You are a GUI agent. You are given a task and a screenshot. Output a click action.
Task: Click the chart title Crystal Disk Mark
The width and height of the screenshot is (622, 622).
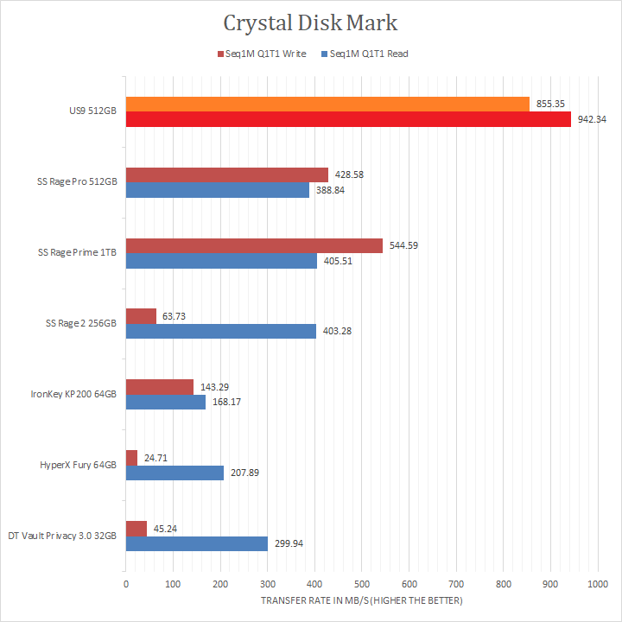point(311,22)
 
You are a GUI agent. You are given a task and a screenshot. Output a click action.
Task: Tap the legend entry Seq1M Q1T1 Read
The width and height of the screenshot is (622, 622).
point(364,54)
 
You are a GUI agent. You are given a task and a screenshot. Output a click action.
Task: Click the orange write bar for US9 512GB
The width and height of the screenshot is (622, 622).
point(327,105)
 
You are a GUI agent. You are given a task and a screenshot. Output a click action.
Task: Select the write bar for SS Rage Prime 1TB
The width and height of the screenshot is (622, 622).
point(254,246)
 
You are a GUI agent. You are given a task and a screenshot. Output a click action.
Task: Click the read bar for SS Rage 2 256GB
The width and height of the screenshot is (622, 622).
point(221,331)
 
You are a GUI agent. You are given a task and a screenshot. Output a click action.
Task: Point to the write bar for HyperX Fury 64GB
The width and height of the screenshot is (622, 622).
point(131,458)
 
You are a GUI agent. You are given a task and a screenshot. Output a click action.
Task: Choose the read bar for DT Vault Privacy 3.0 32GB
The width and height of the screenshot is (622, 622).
point(196,543)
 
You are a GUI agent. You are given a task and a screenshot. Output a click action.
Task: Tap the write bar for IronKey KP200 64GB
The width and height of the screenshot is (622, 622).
point(159,387)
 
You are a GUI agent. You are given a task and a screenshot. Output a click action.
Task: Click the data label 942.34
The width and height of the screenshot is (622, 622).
point(593,119)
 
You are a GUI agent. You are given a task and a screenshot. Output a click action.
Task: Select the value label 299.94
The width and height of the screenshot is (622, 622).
point(288,543)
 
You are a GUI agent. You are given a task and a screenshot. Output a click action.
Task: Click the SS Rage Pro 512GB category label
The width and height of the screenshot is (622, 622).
point(77,182)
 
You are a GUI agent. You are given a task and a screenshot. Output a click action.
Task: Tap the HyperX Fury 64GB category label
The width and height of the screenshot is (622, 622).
point(79,465)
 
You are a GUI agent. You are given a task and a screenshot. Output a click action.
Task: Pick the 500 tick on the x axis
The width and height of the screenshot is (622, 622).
point(362,585)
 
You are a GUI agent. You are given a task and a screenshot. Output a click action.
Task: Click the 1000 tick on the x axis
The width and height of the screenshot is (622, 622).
point(597,585)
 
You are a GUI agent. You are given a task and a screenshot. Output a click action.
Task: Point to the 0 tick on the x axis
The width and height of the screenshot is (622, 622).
point(126,585)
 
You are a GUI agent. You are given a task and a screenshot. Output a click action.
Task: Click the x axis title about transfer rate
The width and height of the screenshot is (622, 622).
point(361,600)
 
